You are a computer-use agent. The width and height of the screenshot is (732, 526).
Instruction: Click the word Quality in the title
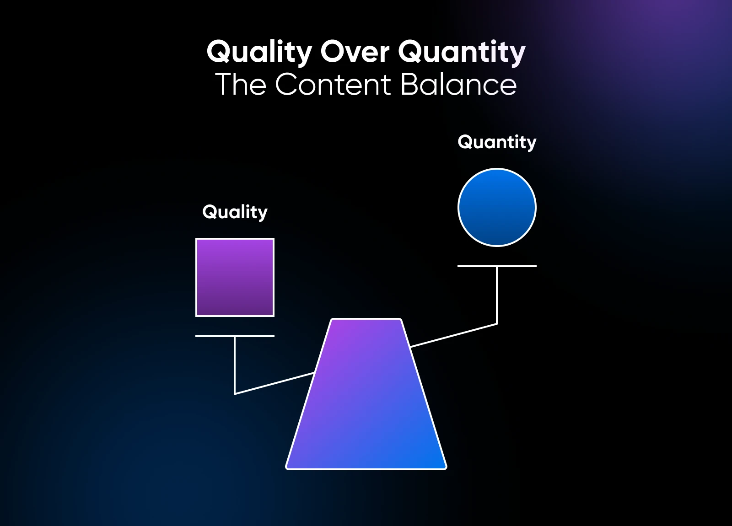pyautogui.click(x=259, y=52)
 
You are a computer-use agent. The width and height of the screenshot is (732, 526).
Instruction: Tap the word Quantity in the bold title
pyautogui.click(x=462, y=52)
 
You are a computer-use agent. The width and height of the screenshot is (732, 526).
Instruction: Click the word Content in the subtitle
pyautogui.click(x=333, y=85)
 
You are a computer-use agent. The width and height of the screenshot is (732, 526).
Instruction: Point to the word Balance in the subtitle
pyautogui.click(x=458, y=85)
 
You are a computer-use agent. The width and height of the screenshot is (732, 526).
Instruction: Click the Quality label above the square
pyautogui.click(x=235, y=212)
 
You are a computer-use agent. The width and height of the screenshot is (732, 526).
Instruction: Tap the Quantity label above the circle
pyautogui.click(x=497, y=142)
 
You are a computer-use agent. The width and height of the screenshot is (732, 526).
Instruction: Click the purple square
pyautogui.click(x=235, y=277)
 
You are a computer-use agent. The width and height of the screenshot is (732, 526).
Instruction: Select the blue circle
pyautogui.click(x=497, y=207)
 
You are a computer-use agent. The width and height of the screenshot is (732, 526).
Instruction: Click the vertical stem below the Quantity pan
pyautogui.click(x=497, y=295)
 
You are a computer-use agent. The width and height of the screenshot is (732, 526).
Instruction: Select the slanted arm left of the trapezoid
pyautogui.click(x=274, y=383)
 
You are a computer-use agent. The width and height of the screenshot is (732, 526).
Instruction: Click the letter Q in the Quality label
pyautogui.click(x=210, y=212)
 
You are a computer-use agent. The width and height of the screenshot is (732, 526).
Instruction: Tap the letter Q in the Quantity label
pyautogui.click(x=465, y=142)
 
